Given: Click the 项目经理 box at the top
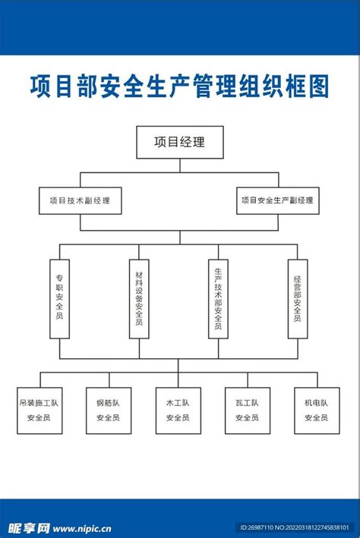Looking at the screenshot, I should pos(180,142).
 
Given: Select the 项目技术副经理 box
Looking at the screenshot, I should pos(81,200).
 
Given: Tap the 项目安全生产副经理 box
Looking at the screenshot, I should pos(277,200).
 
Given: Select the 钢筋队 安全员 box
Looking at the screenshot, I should pos(109,411).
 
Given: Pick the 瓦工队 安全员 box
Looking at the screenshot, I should pos(247,411).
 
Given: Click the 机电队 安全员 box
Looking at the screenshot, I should pos(317,411).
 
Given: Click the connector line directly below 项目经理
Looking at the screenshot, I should pos(180,168).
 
